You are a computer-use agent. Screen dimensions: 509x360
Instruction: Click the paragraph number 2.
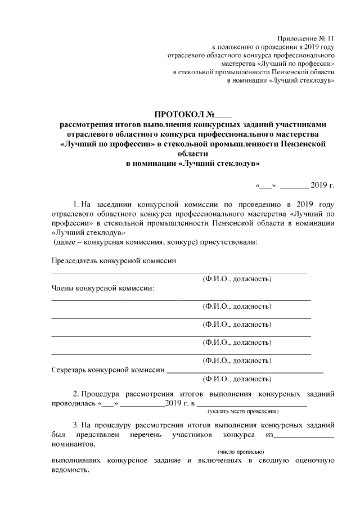[76, 393]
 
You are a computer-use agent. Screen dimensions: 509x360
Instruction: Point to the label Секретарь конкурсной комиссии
[108, 370]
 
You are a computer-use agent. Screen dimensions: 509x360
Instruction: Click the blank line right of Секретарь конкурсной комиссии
[245, 372]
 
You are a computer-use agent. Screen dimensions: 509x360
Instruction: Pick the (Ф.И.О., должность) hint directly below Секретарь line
[237, 380]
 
